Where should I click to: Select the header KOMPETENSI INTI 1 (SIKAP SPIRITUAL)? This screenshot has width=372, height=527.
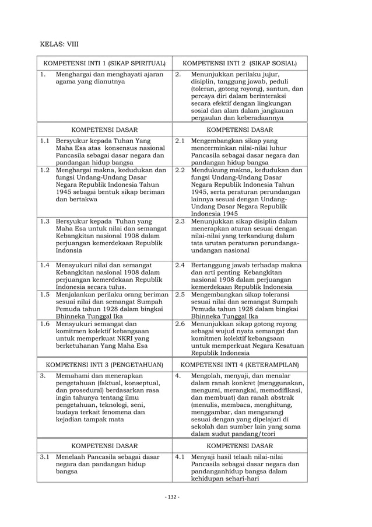click(104, 62)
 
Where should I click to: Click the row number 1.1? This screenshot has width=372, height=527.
click(45, 141)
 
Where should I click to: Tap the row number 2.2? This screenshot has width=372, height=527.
click(180, 170)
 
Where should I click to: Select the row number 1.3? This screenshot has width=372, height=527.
click(45, 221)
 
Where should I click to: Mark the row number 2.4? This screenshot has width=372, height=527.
click(180, 266)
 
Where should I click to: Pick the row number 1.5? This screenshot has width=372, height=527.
click(45, 295)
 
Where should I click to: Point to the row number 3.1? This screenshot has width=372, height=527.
click(45, 456)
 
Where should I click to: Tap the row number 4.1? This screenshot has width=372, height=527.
click(180, 456)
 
